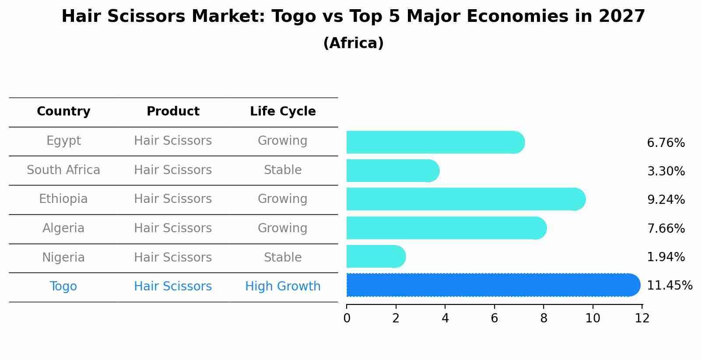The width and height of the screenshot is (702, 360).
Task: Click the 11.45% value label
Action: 669,286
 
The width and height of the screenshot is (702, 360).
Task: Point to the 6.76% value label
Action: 666,143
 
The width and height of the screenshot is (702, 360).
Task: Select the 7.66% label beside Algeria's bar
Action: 666,228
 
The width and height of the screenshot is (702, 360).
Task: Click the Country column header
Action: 63,112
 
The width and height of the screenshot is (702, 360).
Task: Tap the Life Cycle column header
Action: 283,112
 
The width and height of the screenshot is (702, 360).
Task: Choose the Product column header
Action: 173,112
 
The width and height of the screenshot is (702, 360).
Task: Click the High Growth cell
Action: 283,287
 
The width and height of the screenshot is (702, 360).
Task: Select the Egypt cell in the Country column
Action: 63,141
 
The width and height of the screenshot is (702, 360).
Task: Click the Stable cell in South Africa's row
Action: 283,170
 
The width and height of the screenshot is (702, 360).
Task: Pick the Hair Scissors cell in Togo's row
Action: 173,287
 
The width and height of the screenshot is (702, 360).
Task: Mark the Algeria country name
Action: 63,228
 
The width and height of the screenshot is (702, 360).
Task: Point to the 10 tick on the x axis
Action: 593,318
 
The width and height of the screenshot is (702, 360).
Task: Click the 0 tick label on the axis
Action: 347,318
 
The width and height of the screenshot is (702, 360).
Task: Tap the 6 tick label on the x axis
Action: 495,318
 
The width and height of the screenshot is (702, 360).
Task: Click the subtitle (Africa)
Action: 353,43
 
